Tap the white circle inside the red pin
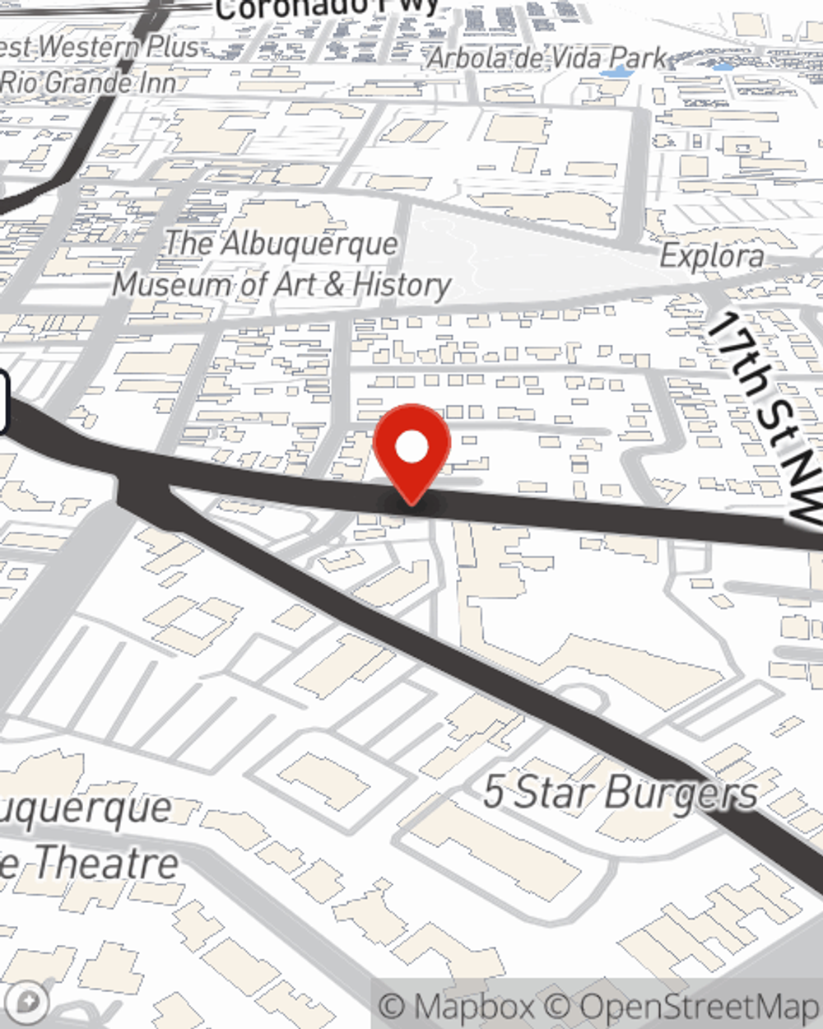[x=411, y=448]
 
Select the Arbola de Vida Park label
[x=546, y=58]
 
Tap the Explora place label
[x=711, y=256]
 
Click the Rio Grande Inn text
[x=88, y=82]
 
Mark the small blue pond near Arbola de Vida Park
[x=616, y=72]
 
